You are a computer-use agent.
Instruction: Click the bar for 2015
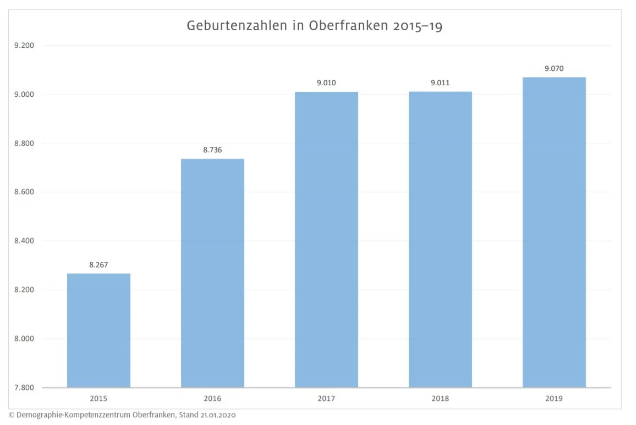pyautogui.click(x=98, y=330)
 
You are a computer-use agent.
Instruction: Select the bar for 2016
pyautogui.click(x=212, y=273)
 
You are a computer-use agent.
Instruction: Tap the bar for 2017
pyautogui.click(x=326, y=239)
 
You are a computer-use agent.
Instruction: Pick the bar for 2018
pyautogui.click(x=440, y=239)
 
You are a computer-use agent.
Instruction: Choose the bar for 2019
pyautogui.click(x=554, y=232)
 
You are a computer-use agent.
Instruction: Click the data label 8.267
pyautogui.click(x=98, y=265)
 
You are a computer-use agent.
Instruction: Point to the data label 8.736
pyautogui.click(x=212, y=150)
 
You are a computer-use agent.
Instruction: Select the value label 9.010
pyautogui.click(x=326, y=83)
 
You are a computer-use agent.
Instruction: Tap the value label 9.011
pyautogui.click(x=440, y=83)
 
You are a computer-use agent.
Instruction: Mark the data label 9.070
pyautogui.click(x=554, y=69)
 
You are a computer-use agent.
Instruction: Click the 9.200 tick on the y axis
pyautogui.click(x=24, y=46)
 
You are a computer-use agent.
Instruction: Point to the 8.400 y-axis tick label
pyautogui.click(x=24, y=241)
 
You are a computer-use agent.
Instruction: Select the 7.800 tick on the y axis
pyautogui.click(x=24, y=388)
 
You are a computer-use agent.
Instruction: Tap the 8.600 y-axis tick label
pyautogui.click(x=24, y=192)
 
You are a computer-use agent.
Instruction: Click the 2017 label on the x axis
pyautogui.click(x=326, y=399)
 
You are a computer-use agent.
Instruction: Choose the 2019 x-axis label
pyautogui.click(x=554, y=399)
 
